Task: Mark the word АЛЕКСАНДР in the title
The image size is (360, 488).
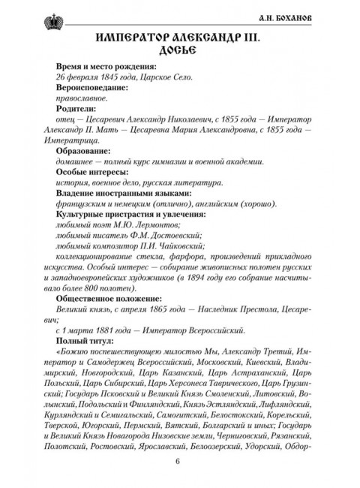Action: coord(198,37)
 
